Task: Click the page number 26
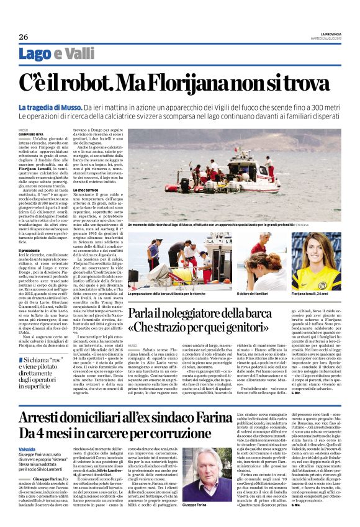coord(23,37)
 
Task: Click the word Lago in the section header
coord(52,54)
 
